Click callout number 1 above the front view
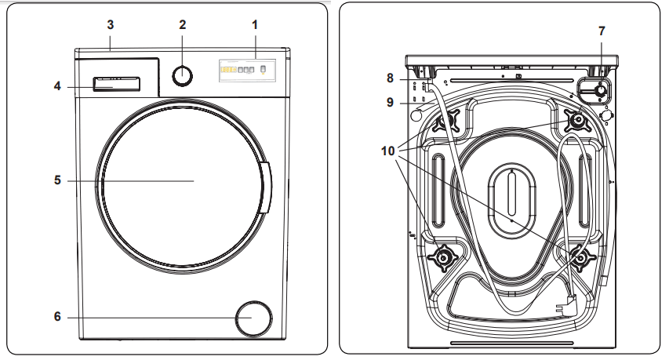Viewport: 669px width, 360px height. (x=255, y=25)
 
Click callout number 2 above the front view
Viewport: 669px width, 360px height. (x=182, y=25)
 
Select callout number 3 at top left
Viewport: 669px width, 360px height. (x=111, y=25)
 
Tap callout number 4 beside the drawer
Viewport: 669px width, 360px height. (x=57, y=85)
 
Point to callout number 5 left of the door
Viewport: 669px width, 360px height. (x=57, y=180)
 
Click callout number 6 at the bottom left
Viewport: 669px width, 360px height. (x=57, y=318)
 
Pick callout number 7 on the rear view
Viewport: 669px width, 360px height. (x=602, y=31)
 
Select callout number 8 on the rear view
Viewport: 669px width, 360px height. (x=390, y=78)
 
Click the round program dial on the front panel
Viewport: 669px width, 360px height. (x=182, y=75)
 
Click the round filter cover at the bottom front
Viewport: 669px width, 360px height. (x=255, y=318)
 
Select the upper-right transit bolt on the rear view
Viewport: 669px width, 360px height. (x=579, y=120)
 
